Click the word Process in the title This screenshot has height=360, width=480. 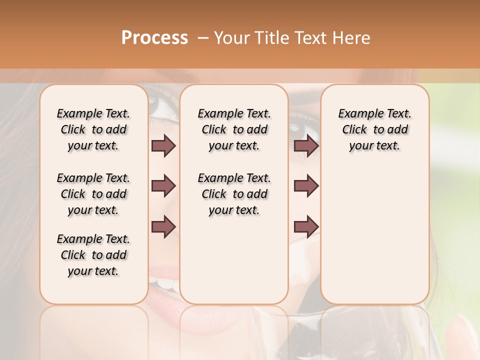click(x=154, y=38)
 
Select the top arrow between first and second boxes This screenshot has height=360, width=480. click(x=163, y=145)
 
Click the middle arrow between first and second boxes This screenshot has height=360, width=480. click(x=163, y=186)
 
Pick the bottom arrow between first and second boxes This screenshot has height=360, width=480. click(x=163, y=226)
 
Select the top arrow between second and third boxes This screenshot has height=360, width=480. click(x=306, y=145)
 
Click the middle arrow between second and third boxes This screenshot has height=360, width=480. click(x=306, y=186)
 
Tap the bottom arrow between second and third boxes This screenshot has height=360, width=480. click(x=306, y=226)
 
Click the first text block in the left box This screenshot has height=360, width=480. click(x=93, y=129)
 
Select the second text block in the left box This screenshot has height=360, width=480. click(x=93, y=194)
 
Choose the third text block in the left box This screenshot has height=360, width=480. click(x=93, y=255)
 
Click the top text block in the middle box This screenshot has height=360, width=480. click(x=234, y=129)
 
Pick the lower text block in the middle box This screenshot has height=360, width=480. click(x=234, y=194)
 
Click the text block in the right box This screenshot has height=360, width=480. click(x=374, y=129)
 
